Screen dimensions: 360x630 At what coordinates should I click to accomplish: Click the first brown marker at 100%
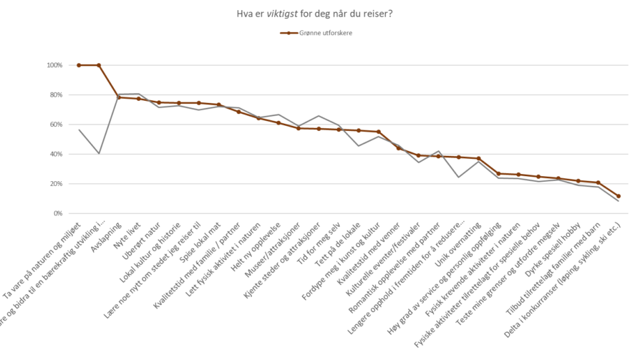coord(79,65)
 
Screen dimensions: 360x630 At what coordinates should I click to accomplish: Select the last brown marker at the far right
coord(619,196)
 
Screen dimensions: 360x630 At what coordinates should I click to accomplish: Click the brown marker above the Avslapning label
coord(119,97)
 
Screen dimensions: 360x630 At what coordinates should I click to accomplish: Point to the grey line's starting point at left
coord(79,130)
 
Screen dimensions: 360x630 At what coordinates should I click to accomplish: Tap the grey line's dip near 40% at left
coord(99,153)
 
